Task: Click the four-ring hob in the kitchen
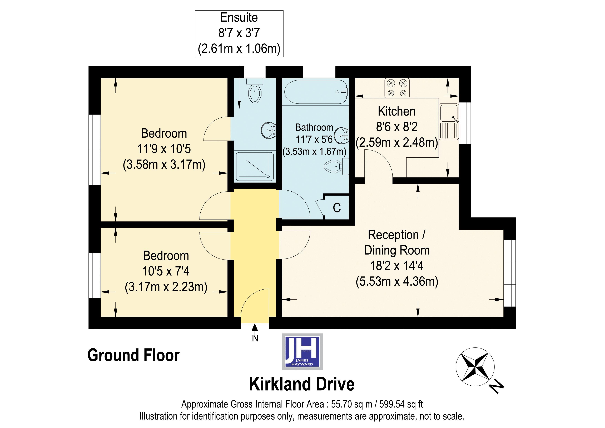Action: [x=397, y=88]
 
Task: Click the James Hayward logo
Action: [x=302, y=352]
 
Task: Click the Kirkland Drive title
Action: [x=302, y=384]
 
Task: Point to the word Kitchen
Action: [x=396, y=111]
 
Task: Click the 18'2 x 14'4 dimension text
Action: [x=396, y=266]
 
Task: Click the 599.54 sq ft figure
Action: [x=401, y=404]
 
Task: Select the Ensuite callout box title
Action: [x=239, y=18]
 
